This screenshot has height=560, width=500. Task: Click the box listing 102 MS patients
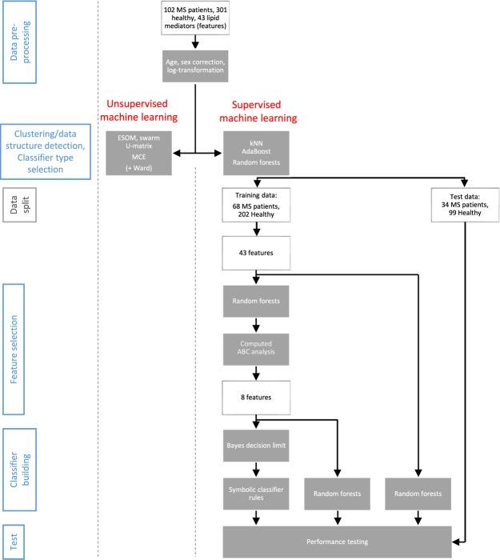point(195,18)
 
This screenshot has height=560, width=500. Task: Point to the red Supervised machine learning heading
point(263,110)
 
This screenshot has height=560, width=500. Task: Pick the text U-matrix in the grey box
point(144,146)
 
